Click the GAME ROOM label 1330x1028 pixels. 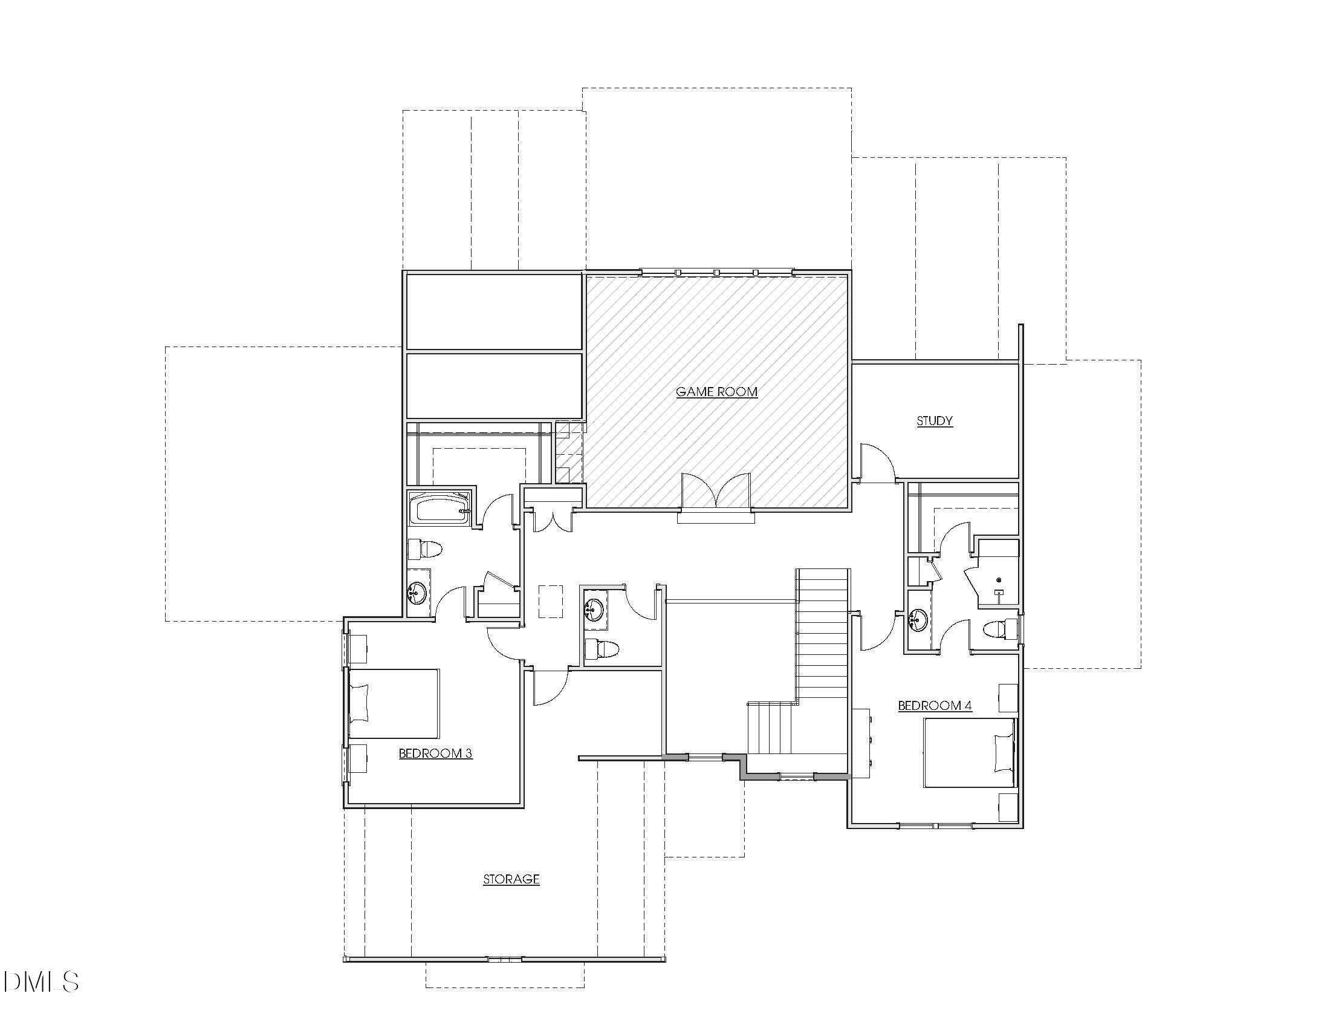716,392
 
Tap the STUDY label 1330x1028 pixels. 934,421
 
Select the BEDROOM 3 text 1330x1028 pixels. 435,753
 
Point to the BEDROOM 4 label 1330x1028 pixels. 934,706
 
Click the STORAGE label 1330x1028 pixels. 511,879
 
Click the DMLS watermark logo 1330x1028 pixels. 40,981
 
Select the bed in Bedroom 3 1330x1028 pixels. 394,703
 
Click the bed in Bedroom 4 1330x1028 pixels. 970,753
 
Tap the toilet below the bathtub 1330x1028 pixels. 424,548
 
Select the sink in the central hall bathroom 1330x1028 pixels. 594,608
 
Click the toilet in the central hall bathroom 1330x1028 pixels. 602,649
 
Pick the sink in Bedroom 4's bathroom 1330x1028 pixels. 917,620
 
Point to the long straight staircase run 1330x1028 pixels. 823,633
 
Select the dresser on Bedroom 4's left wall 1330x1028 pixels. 861,743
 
